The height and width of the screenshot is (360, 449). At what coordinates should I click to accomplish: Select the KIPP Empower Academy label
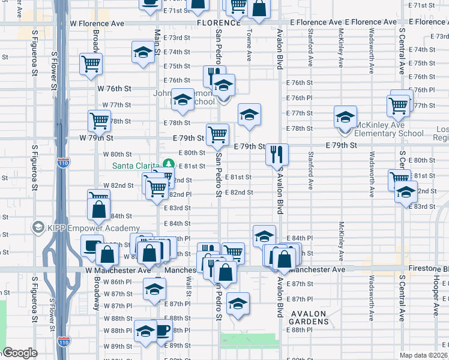(86, 228)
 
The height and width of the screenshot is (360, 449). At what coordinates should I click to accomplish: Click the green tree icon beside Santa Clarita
(169, 164)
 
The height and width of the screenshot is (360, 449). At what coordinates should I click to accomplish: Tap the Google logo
(20, 353)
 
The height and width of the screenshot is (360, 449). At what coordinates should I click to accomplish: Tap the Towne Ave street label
(249, 46)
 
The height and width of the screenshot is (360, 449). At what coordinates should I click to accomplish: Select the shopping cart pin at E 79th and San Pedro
(217, 134)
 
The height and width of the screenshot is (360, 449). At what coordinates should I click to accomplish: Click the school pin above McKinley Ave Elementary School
(345, 116)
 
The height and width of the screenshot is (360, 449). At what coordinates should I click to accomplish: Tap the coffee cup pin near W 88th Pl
(162, 331)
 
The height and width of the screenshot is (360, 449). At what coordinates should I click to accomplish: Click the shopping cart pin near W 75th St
(91, 64)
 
